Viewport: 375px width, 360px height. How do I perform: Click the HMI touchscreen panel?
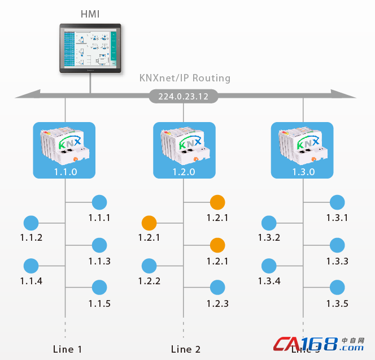coord(90,48)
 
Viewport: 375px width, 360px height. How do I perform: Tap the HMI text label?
coord(90,14)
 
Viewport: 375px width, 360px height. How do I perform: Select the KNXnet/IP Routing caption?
coord(185,78)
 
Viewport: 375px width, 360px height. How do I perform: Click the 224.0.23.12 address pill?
coord(184,97)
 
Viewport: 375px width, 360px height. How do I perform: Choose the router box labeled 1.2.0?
coord(184,150)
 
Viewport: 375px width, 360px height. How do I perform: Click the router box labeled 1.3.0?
coord(303,150)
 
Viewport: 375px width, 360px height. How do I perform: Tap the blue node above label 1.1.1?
coord(99,202)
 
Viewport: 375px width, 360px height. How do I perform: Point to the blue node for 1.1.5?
coord(99,288)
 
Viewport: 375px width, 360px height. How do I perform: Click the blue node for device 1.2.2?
coord(149,266)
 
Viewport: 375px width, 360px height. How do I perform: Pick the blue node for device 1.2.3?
coord(217,288)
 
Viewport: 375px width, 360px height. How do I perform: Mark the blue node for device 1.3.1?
coord(337,202)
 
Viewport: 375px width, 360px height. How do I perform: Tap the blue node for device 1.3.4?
coord(269,266)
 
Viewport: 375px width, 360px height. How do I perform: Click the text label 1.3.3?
coord(337,261)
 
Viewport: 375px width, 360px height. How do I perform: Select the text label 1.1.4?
coord(31,281)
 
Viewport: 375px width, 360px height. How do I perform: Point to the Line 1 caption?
coord(67,349)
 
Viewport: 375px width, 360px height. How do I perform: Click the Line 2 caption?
coord(185,349)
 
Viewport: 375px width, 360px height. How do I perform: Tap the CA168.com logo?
coord(319,344)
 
